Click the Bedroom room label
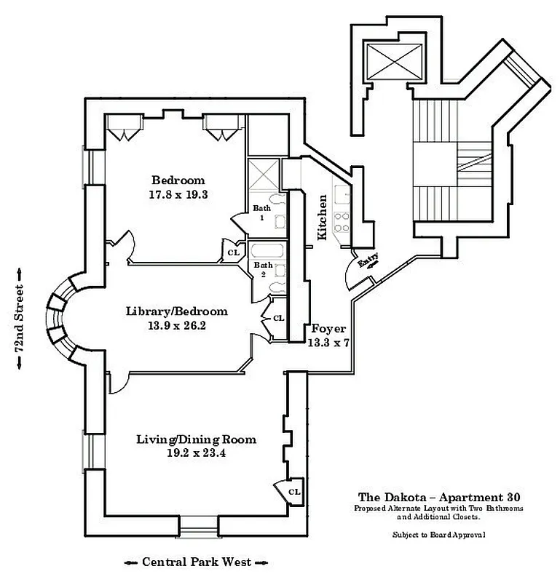click(x=178, y=180)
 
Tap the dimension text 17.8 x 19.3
click(x=178, y=195)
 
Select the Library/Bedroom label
click(x=176, y=311)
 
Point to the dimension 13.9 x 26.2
click(x=176, y=326)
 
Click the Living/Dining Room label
click(x=197, y=439)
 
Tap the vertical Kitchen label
click(x=321, y=217)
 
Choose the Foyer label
click(x=328, y=329)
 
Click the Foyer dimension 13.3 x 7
click(x=328, y=343)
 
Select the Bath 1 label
click(x=262, y=212)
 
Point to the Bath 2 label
click(x=262, y=269)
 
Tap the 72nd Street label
click(x=20, y=318)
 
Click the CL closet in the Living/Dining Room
click(x=293, y=492)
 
